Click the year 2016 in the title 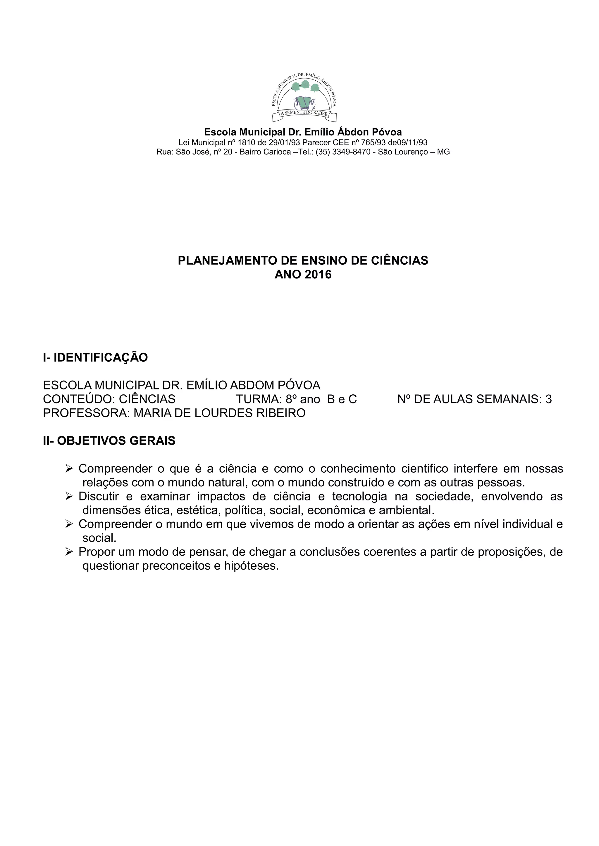click(x=318, y=275)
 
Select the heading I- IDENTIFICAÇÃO click(x=95, y=357)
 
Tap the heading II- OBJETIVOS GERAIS click(x=109, y=441)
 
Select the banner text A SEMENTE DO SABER click(x=304, y=113)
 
